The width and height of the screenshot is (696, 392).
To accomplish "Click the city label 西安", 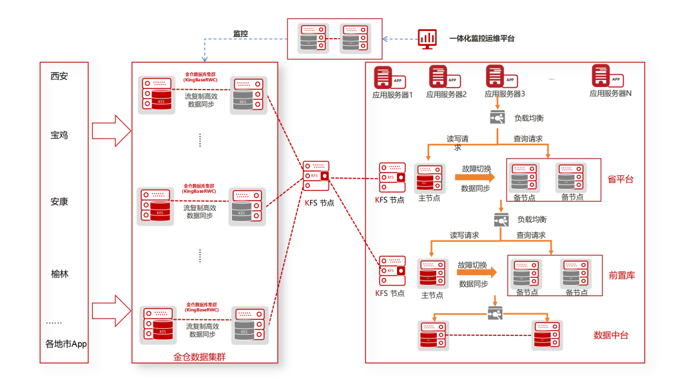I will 59,76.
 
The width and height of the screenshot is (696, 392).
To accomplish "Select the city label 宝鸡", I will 59,135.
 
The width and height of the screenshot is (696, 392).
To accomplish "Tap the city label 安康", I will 59,202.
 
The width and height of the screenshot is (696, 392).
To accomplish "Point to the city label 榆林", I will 60,274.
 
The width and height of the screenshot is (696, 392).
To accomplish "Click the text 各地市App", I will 66,344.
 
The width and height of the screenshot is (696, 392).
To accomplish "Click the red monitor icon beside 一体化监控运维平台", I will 427,39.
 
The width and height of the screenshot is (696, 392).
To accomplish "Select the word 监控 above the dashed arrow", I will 241,33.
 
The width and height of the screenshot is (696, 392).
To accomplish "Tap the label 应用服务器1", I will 392,94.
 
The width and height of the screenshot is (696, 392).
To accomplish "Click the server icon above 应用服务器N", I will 601,77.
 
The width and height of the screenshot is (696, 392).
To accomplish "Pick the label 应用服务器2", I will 446,94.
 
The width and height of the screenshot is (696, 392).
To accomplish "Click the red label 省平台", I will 621,179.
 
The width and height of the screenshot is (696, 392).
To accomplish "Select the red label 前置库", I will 621,275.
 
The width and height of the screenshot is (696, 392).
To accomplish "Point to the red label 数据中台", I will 611,335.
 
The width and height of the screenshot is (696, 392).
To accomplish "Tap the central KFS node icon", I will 316,176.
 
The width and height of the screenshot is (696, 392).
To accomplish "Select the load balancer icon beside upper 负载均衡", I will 498,118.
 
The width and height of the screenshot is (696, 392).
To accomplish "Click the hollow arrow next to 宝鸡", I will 111,131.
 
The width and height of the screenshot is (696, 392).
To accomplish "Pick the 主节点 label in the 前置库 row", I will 432,295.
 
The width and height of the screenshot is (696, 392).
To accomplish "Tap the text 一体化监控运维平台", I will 482,39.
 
